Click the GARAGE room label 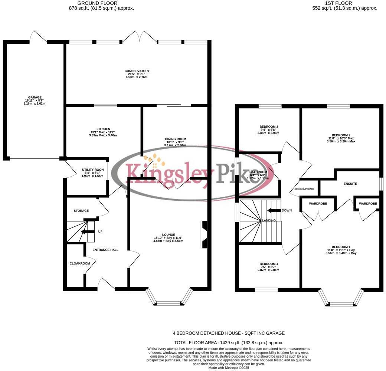(35, 98)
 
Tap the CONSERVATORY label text (137, 71)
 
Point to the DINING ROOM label (176, 139)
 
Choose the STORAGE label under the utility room (81, 211)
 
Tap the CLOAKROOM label (80, 263)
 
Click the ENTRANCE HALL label (105, 250)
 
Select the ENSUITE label (350, 184)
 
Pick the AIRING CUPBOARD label (304, 189)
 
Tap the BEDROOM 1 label (341, 247)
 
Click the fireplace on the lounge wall (205, 234)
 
